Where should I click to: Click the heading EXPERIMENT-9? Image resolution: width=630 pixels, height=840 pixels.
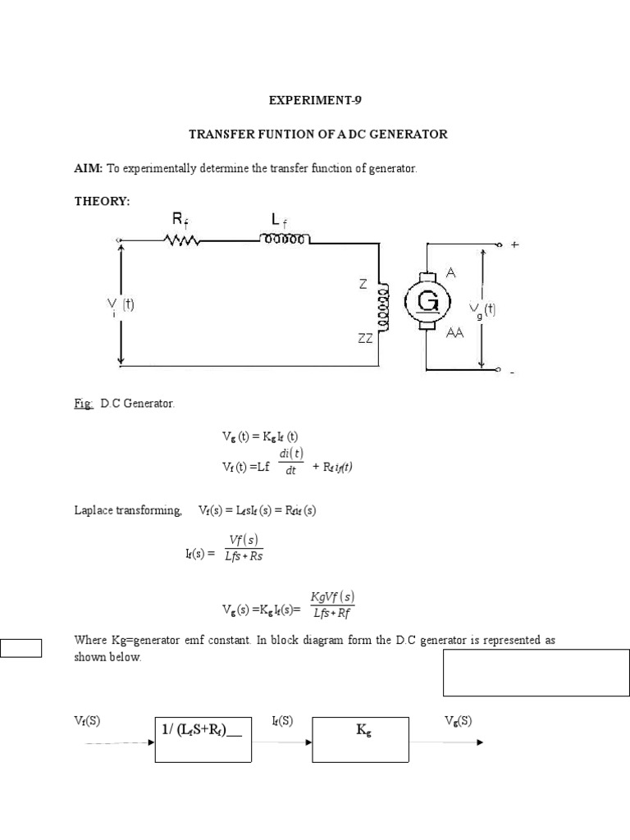315,101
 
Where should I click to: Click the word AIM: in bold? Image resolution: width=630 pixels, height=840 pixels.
88,168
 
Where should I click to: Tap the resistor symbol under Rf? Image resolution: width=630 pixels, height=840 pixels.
182,240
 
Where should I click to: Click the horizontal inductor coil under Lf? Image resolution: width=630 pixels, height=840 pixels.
285,240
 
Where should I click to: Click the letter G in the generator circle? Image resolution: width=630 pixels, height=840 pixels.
428,303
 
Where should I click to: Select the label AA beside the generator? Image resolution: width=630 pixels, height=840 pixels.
455,333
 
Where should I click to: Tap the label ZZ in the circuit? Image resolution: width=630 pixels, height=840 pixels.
365,336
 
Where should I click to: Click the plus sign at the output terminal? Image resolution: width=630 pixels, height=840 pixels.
514,244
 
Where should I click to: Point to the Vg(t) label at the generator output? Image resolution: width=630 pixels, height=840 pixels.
482,309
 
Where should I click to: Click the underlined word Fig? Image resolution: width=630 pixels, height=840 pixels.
84,404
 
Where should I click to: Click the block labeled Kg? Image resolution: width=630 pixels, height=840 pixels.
362,738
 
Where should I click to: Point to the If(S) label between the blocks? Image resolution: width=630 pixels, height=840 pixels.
282,721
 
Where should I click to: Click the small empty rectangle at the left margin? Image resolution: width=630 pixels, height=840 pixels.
21,648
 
